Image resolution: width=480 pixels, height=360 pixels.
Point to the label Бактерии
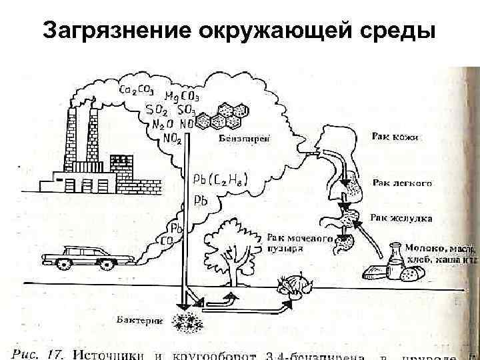click(144, 320)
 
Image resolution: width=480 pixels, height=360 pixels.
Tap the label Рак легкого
click(402, 182)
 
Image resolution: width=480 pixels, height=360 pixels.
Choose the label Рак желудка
click(401, 218)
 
